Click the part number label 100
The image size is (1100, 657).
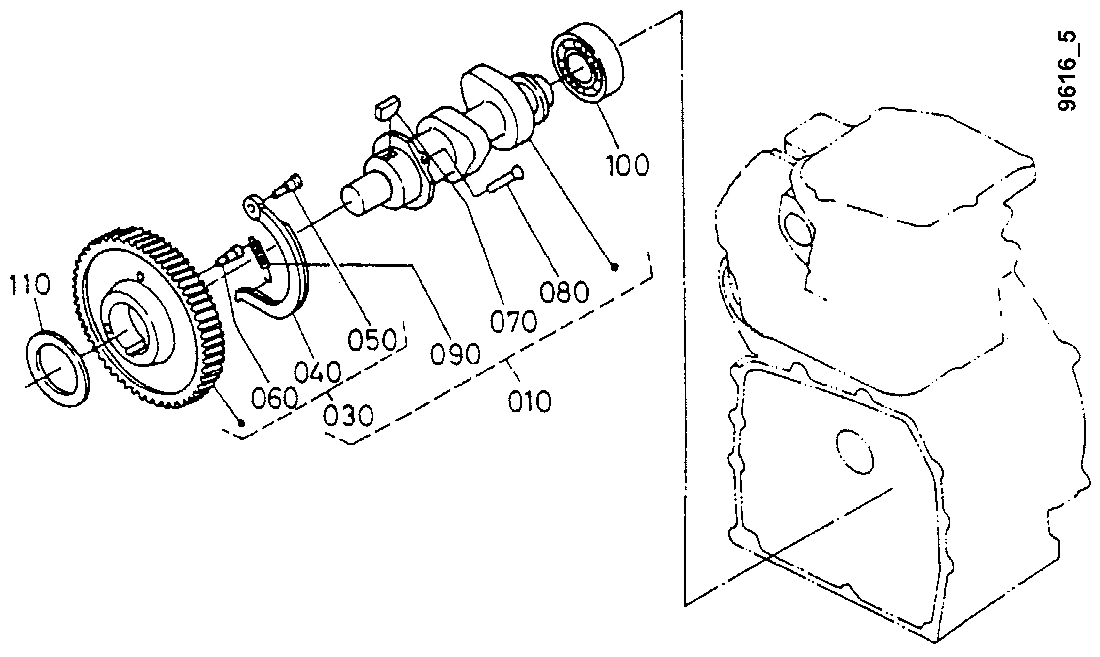(628, 165)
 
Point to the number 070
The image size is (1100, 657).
(513, 321)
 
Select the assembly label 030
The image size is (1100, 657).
(348, 417)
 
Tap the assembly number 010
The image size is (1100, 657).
(529, 402)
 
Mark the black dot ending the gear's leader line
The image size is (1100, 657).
(241, 423)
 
